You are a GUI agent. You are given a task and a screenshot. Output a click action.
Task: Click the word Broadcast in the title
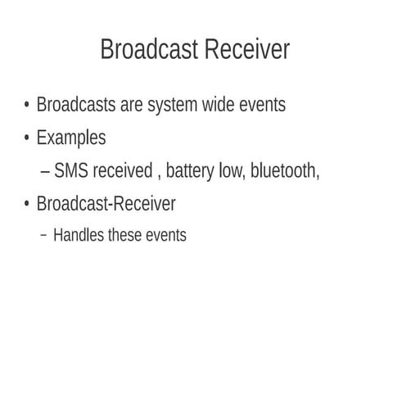(x=149, y=50)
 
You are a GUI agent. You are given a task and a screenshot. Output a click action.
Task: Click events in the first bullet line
(x=262, y=106)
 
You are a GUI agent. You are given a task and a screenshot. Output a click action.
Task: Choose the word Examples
(x=71, y=138)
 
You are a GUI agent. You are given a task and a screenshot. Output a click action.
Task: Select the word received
(x=122, y=171)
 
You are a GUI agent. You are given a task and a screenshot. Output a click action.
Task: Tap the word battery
(x=191, y=171)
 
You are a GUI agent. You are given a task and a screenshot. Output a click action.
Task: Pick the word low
(x=232, y=171)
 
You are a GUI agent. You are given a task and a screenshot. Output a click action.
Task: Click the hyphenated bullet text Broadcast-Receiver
(x=106, y=203)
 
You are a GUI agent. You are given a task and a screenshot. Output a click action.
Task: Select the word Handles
(x=79, y=236)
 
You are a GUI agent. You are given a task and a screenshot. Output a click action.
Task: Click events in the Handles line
(x=166, y=236)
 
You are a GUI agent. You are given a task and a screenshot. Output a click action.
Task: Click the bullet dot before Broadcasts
(x=27, y=106)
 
